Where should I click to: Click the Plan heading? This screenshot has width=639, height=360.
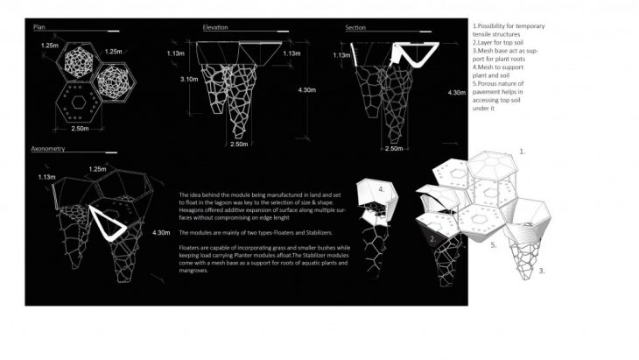pyautogui.click(x=39, y=28)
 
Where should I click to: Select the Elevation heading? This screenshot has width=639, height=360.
pyautogui.click(x=215, y=28)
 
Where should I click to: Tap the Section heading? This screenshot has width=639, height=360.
pyautogui.click(x=355, y=28)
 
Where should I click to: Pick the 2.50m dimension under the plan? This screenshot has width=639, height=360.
pyautogui.click(x=84, y=129)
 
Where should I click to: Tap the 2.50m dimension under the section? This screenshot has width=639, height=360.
pyautogui.click(x=393, y=149)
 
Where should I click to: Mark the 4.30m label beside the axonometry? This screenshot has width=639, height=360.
pyautogui.click(x=161, y=233)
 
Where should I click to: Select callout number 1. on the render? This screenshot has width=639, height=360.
pyautogui.click(x=523, y=151)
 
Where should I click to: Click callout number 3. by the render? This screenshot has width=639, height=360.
pyautogui.click(x=542, y=272)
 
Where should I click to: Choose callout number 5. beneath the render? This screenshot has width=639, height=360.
pyautogui.click(x=494, y=245)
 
